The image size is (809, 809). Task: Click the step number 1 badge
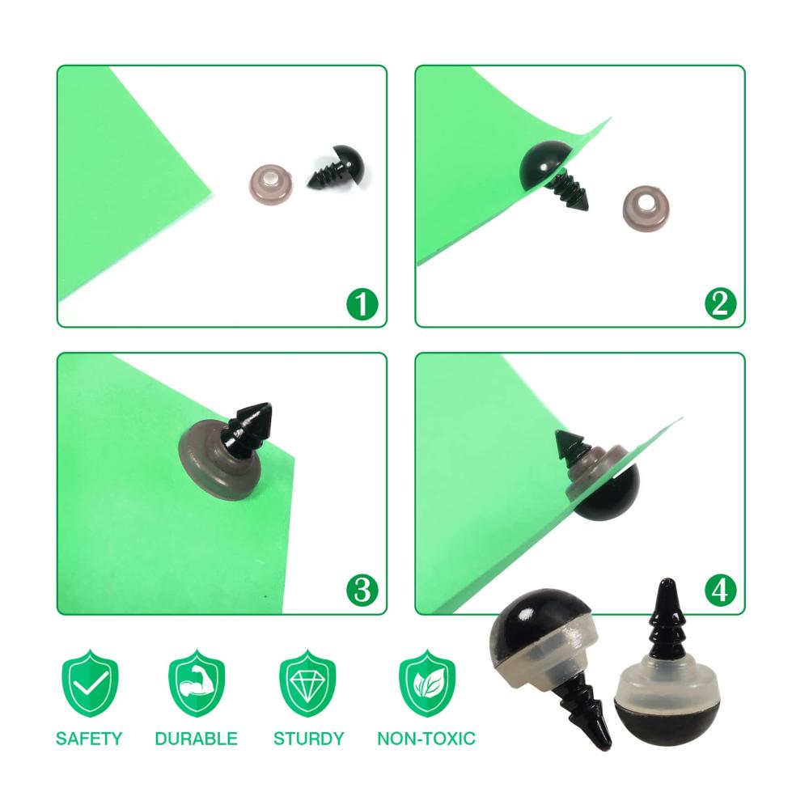click(362, 304)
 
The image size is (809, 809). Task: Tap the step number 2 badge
click(720, 304)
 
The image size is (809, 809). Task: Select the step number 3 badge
click(362, 590)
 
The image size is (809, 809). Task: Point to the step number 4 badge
click(720, 590)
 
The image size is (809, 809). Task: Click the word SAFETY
click(89, 739)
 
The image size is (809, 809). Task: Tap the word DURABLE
click(196, 739)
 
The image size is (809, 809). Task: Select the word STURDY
click(308, 739)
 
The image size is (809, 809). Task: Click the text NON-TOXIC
click(426, 739)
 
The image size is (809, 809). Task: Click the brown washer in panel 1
click(270, 182)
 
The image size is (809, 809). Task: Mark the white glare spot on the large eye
click(527, 616)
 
